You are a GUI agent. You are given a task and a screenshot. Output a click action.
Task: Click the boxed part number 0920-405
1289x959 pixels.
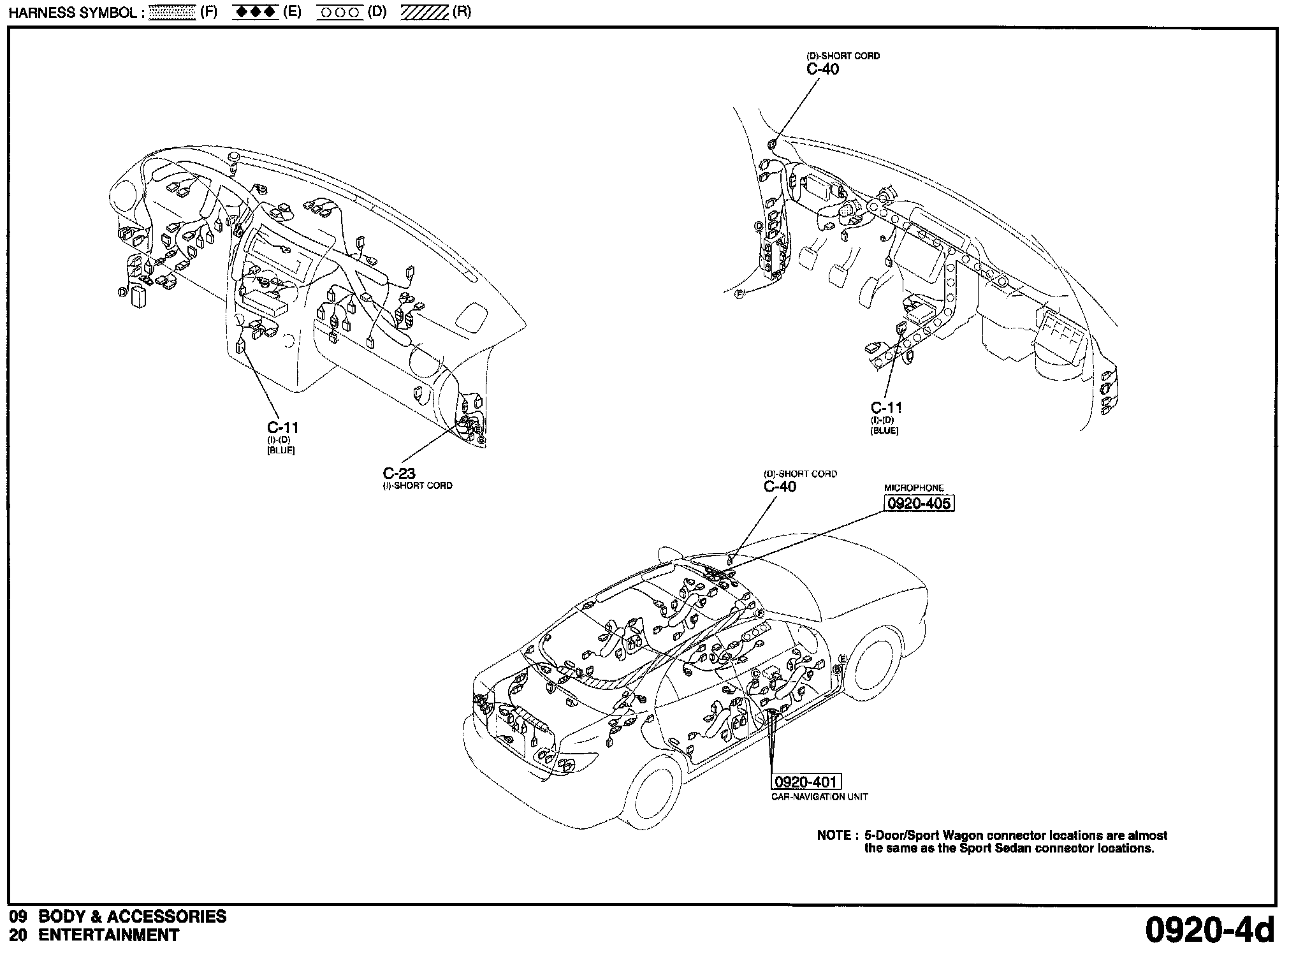point(919,504)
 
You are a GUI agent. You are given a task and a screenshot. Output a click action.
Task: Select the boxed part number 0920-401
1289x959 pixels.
point(806,782)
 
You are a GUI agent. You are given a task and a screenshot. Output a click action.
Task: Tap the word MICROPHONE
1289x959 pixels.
point(914,488)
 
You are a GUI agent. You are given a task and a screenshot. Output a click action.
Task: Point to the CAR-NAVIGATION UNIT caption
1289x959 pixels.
point(819,796)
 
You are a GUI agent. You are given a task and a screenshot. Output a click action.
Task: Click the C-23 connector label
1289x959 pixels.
point(399,473)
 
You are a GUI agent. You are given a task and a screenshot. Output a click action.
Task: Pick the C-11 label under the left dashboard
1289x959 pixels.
point(282,427)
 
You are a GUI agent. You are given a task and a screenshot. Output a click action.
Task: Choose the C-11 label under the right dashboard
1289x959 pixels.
point(887,407)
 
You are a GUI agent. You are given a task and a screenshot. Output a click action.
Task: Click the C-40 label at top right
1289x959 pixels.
point(823,69)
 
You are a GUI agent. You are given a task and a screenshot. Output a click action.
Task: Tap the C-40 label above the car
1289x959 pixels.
point(780,487)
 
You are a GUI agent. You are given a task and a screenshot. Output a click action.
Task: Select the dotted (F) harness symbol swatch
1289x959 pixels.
point(172,13)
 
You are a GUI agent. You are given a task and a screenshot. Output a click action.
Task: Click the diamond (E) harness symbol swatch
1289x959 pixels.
point(255,13)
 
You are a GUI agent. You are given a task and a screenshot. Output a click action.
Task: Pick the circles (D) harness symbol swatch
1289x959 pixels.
point(340,13)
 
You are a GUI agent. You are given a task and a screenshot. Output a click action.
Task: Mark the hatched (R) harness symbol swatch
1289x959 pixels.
point(425,13)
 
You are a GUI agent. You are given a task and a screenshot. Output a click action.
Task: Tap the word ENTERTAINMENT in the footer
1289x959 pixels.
point(109,935)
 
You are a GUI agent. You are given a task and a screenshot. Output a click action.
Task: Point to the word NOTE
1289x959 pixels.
point(834,835)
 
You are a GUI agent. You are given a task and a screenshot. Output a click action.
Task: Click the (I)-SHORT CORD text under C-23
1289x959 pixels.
point(418,486)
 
